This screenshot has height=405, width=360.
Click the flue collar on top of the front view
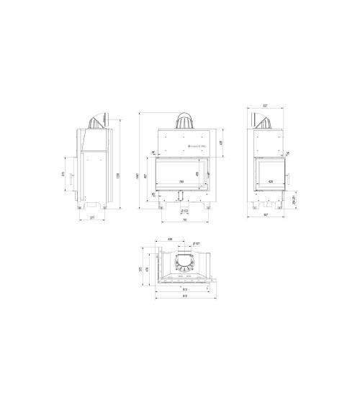click(185, 121)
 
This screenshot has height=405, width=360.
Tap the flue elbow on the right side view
click(264, 121)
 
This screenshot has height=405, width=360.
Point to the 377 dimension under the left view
click(92, 217)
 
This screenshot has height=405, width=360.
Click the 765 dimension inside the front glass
click(181, 181)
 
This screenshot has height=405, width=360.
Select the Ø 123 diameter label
click(185, 211)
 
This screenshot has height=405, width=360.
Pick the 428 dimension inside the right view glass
click(271, 181)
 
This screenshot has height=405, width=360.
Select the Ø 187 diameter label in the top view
click(196, 244)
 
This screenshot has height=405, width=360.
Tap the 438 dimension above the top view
click(170, 239)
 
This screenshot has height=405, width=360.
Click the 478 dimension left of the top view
click(149, 269)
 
